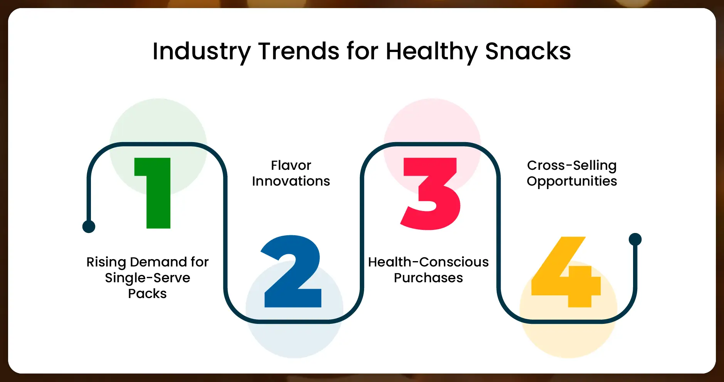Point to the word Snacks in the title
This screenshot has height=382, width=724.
click(527, 51)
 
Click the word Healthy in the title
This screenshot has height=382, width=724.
click(431, 51)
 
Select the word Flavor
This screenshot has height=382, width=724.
click(291, 165)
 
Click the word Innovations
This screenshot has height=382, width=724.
click(291, 181)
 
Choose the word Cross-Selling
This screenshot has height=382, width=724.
click(572, 165)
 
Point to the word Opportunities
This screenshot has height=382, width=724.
click(572, 181)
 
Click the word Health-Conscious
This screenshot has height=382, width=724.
click(428, 262)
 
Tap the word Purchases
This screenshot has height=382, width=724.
click(428, 278)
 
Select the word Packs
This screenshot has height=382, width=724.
click(147, 293)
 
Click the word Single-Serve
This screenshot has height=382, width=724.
click(147, 278)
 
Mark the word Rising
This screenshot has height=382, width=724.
click(106, 262)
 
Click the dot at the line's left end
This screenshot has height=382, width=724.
click(89, 226)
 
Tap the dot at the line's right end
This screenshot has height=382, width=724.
click(635, 239)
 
